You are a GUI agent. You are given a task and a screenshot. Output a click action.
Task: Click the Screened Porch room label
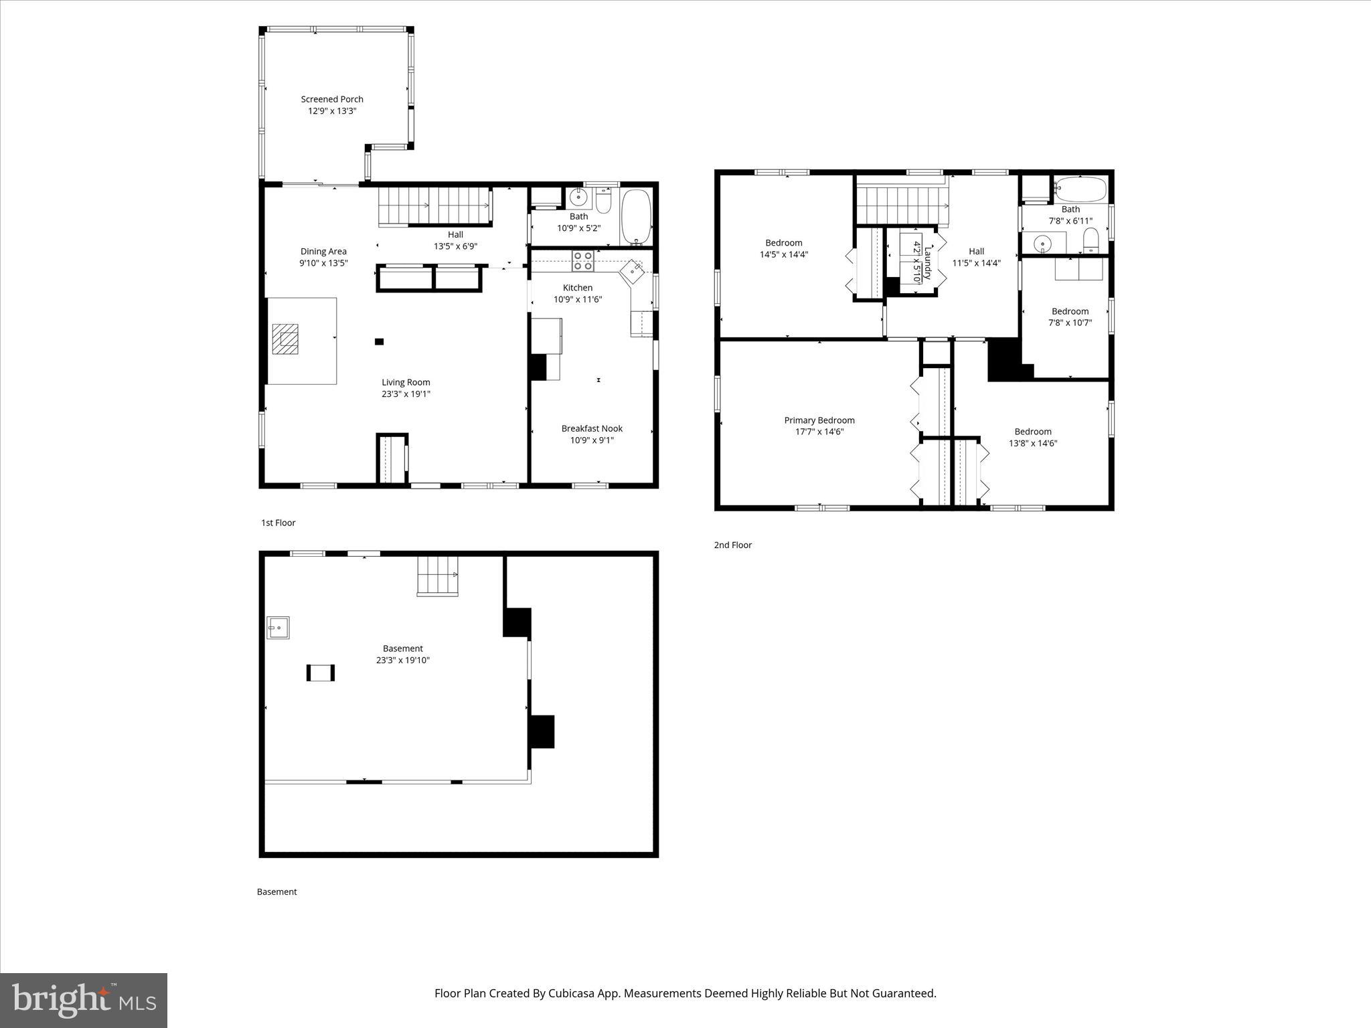pyautogui.click(x=332, y=99)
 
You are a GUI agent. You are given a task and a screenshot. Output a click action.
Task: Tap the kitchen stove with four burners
pyautogui.click(x=582, y=260)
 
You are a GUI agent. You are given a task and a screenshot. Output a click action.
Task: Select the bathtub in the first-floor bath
pyautogui.click(x=635, y=218)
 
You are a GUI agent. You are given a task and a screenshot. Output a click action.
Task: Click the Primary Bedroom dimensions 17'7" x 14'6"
pyautogui.click(x=819, y=432)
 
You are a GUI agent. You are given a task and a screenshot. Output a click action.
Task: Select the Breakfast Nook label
pyautogui.click(x=592, y=428)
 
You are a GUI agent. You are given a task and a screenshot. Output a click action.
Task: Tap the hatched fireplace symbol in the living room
pyautogui.click(x=286, y=339)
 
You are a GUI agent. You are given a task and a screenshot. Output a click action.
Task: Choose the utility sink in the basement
pyautogui.click(x=278, y=628)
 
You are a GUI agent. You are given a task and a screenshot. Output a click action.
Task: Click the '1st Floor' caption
pyautogui.click(x=278, y=523)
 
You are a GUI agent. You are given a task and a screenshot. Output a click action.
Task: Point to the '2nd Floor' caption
pyautogui.click(x=732, y=545)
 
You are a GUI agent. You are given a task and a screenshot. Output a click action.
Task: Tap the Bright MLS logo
pyautogui.click(x=84, y=1000)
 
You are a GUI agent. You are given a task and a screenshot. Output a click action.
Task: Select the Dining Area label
pyautogui.click(x=323, y=252)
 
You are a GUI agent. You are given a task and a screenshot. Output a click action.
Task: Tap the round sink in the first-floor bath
pyautogui.click(x=578, y=198)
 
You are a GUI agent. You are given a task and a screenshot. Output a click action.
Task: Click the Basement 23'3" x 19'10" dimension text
pyautogui.click(x=402, y=660)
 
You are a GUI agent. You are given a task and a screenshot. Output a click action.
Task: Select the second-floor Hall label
pyautogui.click(x=976, y=252)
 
